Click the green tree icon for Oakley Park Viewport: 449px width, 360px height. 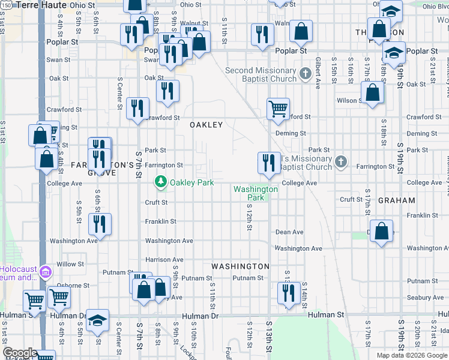(160, 181)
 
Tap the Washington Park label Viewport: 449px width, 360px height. (256, 193)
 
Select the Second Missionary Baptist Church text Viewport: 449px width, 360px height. (261, 74)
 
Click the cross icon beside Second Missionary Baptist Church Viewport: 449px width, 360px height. (306, 74)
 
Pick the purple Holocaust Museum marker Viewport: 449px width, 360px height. (44, 274)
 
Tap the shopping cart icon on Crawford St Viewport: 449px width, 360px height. (278, 109)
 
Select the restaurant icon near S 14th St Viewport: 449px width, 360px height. (289, 293)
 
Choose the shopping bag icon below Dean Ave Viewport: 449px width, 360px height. (381, 231)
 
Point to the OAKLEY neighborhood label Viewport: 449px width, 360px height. (206, 125)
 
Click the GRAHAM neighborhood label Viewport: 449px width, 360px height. (396, 200)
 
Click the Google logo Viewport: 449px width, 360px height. (19, 352)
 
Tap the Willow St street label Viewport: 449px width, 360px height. (70, 264)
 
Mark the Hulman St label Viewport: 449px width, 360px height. (327, 314)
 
